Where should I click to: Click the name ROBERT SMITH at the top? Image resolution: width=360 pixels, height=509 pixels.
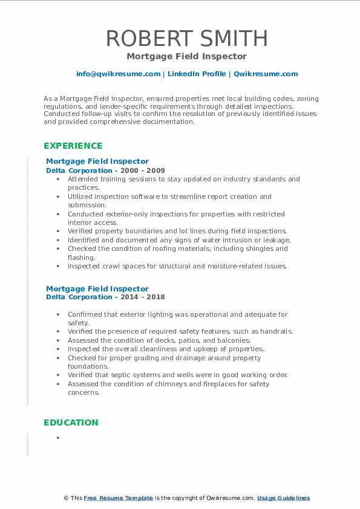(x=186, y=39)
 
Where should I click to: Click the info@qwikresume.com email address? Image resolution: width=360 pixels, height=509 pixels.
(x=118, y=74)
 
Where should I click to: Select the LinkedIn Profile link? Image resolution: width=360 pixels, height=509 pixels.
(x=196, y=74)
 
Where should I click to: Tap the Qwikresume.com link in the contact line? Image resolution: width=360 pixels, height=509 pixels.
(x=266, y=74)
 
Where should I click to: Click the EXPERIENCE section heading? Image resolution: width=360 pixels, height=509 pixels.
(x=73, y=146)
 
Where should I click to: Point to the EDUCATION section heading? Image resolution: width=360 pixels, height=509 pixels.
(x=71, y=423)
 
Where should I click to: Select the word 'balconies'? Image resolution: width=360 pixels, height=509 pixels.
(x=216, y=340)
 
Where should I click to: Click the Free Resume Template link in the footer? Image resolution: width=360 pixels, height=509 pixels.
(x=119, y=498)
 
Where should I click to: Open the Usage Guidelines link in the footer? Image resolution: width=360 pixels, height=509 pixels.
(x=283, y=498)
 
